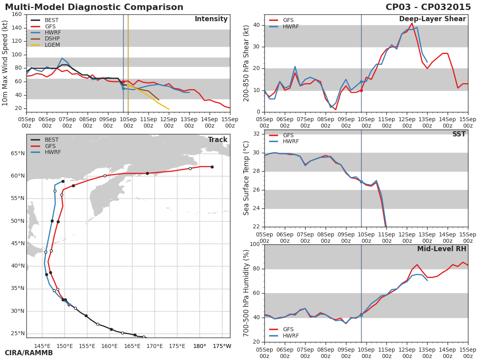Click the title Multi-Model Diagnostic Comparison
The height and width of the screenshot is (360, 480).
(94, 7)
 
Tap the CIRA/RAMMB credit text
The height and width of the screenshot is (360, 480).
(29, 353)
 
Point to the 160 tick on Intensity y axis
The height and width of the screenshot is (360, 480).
(17, 14)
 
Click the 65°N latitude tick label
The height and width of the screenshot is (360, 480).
(17, 153)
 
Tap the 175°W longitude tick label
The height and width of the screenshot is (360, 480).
(222, 346)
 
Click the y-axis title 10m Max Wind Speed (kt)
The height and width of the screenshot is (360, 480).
(5, 63)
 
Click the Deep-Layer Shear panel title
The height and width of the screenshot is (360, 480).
(432, 19)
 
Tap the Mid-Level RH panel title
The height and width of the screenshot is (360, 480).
(442, 249)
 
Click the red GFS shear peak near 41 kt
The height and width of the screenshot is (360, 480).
(412, 23)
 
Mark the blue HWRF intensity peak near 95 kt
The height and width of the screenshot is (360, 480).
(62, 58)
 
